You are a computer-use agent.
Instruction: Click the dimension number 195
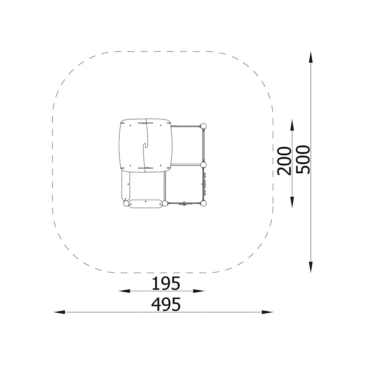click(166, 283)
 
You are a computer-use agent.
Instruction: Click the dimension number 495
click(166, 305)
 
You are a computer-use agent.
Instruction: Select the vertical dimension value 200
click(285, 161)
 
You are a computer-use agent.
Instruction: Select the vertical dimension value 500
click(303, 159)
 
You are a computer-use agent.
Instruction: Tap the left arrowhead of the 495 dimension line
click(59, 312)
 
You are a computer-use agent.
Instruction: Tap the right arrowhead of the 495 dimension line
click(268, 312)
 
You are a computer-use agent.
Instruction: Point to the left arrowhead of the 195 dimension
click(124, 291)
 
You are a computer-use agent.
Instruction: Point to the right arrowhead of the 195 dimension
click(199, 291)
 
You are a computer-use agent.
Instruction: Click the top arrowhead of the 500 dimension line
click(310, 57)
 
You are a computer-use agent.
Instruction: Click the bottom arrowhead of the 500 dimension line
click(310, 267)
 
